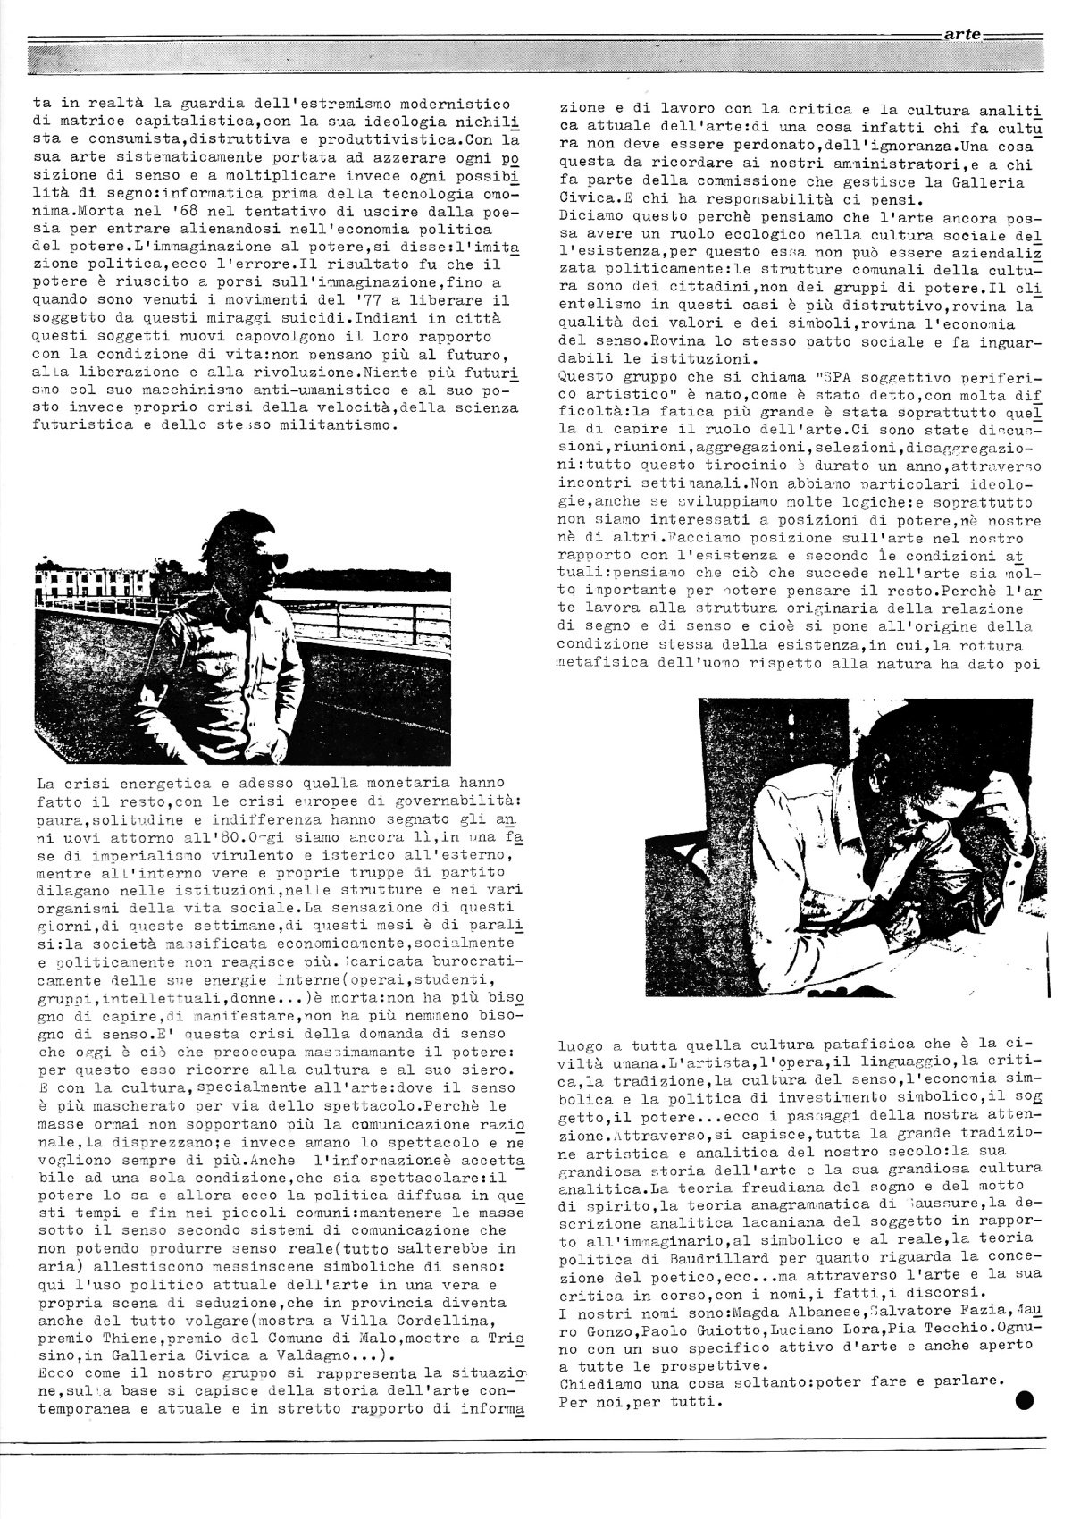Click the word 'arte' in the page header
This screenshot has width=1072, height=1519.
(962, 37)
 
